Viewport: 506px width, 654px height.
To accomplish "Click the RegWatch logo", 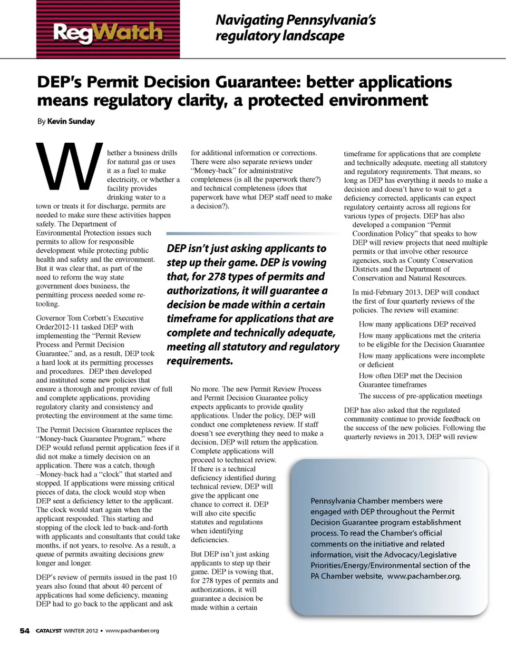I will click(x=108, y=32).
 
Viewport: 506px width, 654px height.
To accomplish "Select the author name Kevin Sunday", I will click(x=71, y=121).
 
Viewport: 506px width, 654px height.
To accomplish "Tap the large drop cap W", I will click(x=69, y=168).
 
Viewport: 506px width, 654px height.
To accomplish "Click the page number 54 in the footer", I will click(x=25, y=630).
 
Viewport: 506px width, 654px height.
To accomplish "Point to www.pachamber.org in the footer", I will click(x=132, y=630).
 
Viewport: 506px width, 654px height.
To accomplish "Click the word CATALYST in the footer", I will click(x=48, y=630).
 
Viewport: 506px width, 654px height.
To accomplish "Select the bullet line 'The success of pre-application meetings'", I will click(x=420, y=396).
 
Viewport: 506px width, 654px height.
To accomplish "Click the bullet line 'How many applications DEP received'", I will click(x=417, y=324).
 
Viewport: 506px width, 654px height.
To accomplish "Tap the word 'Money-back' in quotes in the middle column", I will click(x=213, y=171).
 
